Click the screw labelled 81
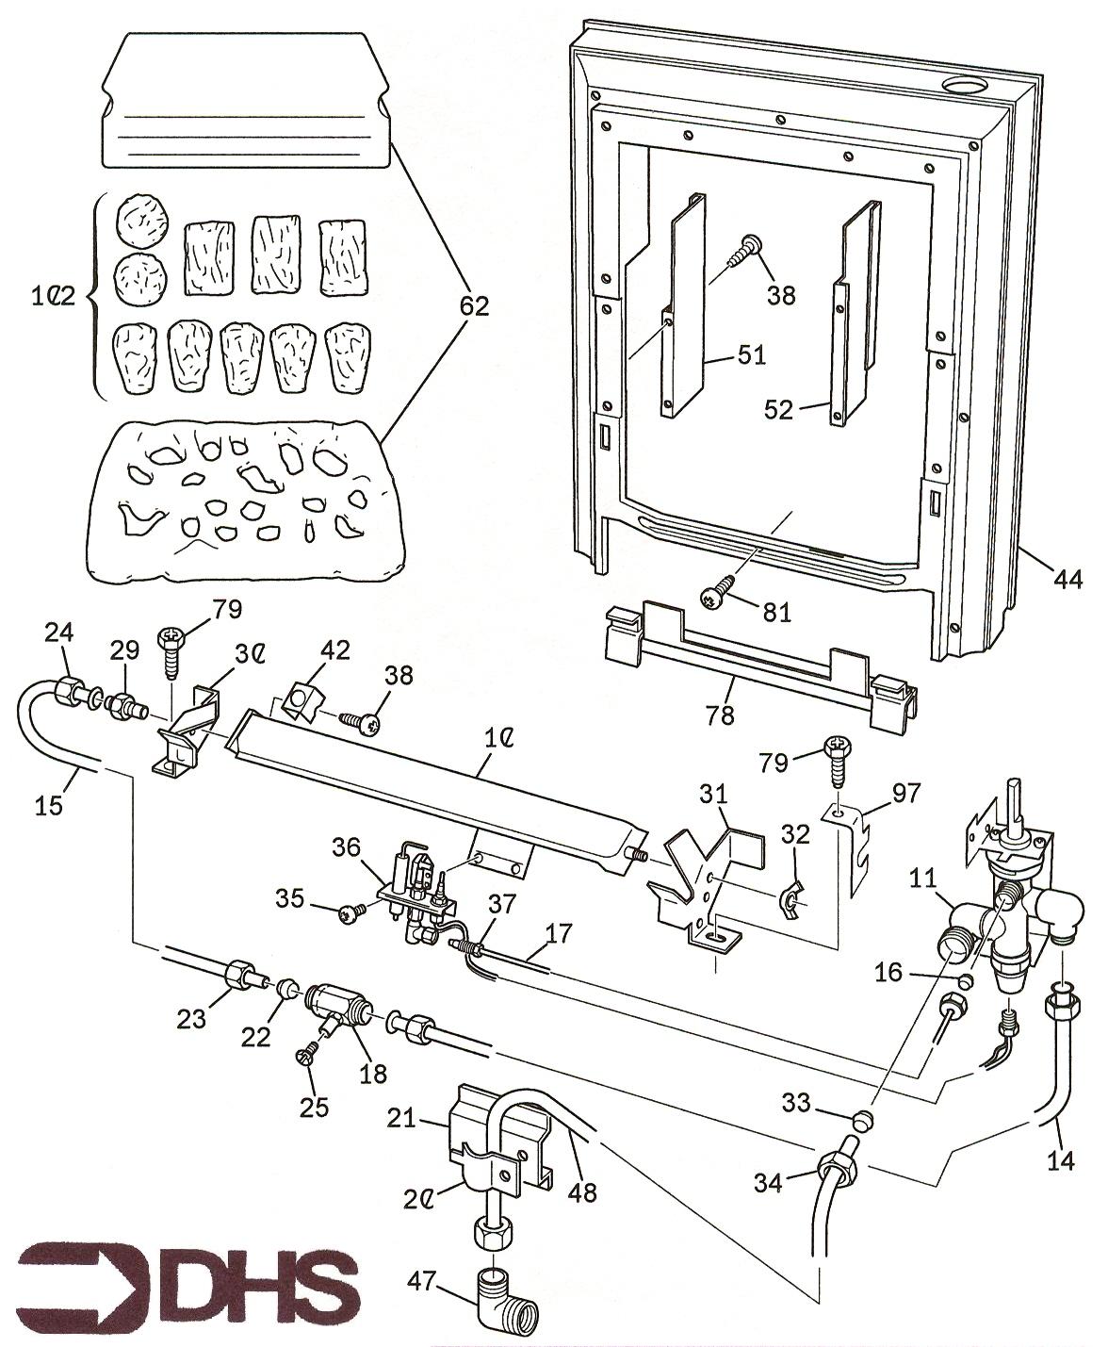click(712, 596)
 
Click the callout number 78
click(721, 715)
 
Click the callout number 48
click(582, 1191)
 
